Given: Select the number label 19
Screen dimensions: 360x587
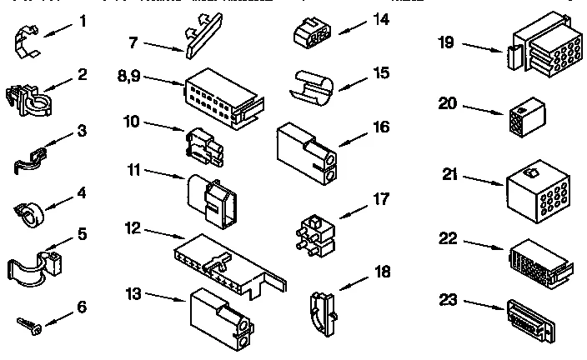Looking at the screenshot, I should pyautogui.click(x=447, y=42).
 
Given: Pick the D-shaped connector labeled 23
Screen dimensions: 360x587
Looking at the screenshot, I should pyautogui.click(x=529, y=320).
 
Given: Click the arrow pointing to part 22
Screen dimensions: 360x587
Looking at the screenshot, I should pyautogui.click(x=481, y=245).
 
